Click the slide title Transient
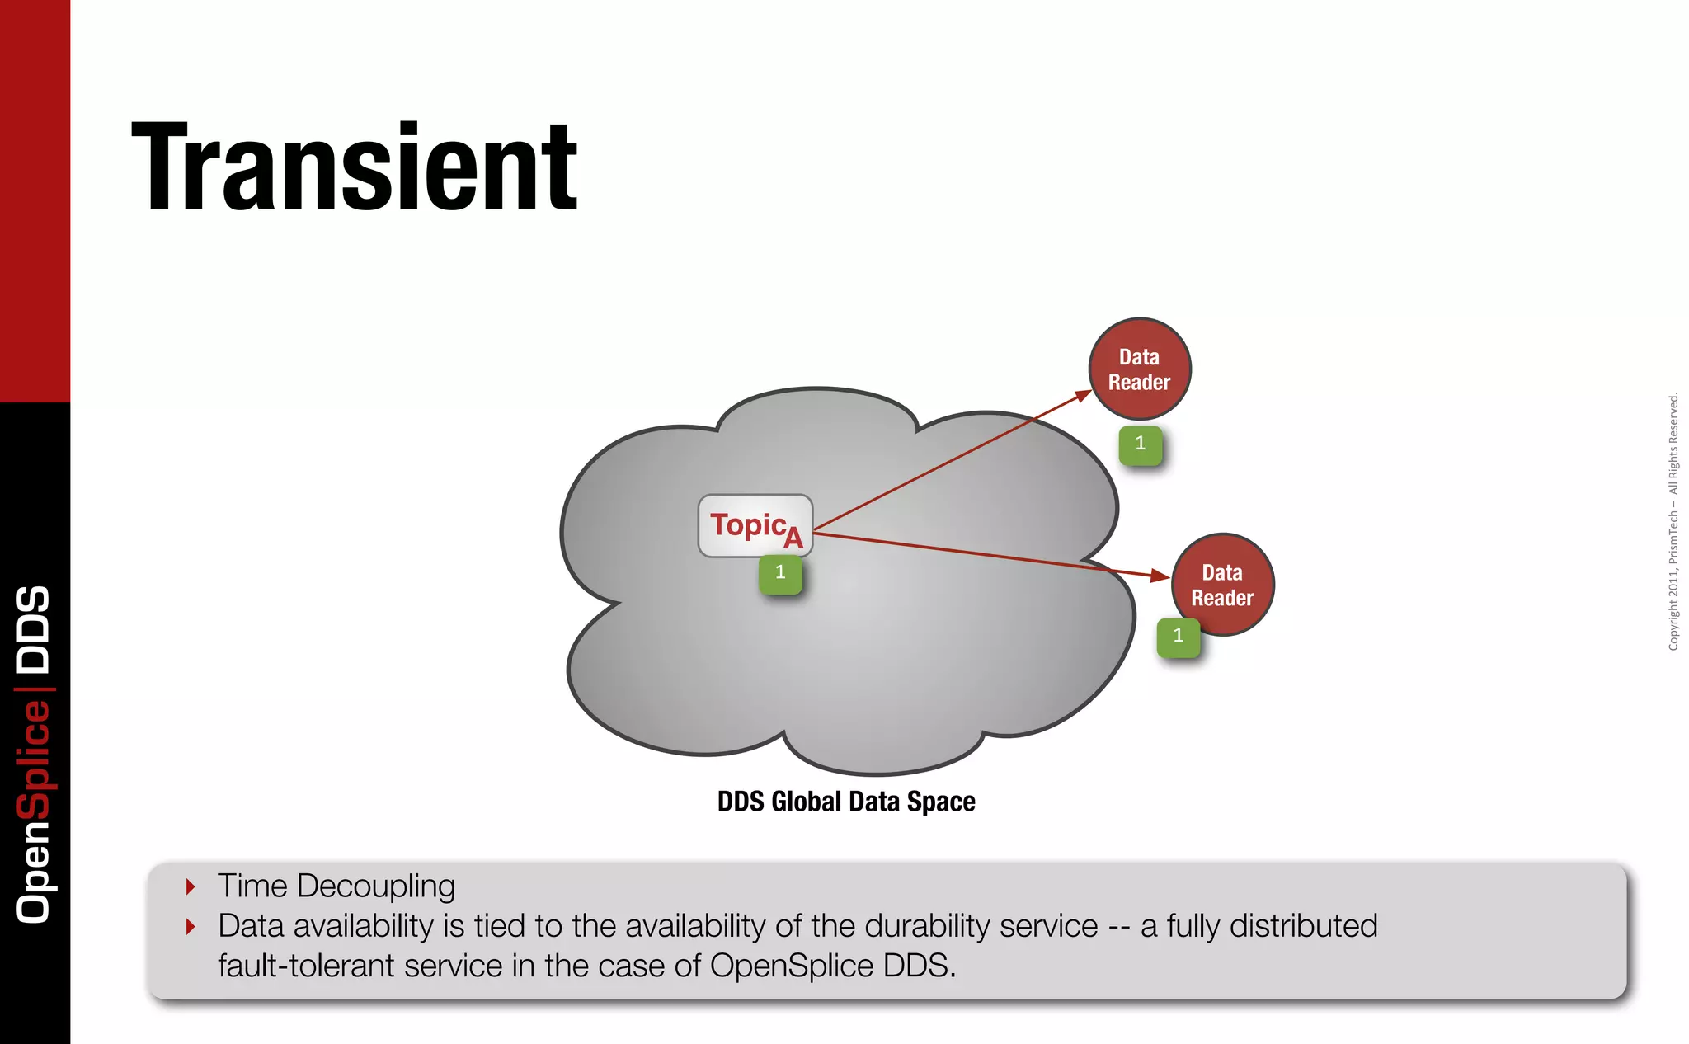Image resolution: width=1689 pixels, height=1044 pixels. (355, 167)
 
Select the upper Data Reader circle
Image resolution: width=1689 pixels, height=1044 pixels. (1139, 369)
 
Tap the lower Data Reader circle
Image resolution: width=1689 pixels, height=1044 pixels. (1222, 585)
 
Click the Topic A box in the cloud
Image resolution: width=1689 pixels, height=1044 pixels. (755, 525)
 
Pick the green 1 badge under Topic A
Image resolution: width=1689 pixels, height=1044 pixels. (780, 573)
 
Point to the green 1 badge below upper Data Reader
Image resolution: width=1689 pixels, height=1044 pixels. (1141, 444)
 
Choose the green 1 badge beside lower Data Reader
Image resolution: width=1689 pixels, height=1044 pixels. (1179, 636)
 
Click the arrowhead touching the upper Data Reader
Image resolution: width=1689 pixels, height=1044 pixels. (1082, 397)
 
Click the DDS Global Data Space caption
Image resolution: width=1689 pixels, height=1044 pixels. (846, 802)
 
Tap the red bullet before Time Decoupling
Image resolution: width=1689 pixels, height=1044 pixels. (191, 886)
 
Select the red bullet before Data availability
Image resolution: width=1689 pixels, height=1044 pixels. (191, 926)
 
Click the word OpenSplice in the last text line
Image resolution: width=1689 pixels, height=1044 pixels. (791, 966)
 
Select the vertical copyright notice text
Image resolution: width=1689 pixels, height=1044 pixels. (1673, 522)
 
